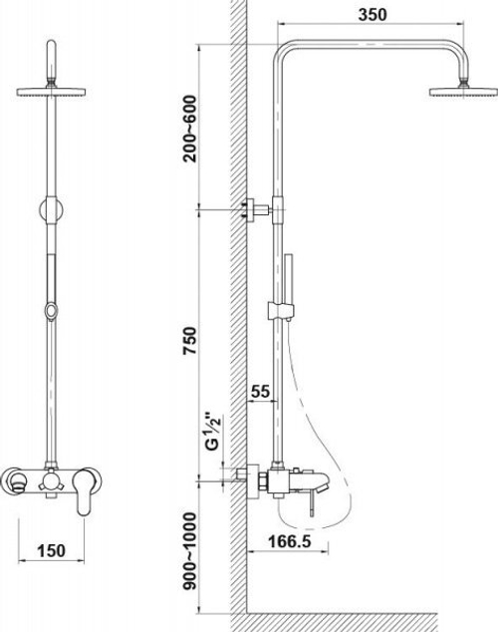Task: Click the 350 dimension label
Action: (372, 15)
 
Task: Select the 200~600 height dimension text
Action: (189, 129)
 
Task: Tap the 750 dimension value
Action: (189, 341)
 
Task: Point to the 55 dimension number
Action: (260, 391)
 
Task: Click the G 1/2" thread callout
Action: (213, 431)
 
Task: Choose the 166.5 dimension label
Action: (290, 541)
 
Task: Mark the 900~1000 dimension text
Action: (189, 551)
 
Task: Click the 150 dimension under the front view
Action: (51, 550)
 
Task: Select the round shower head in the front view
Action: (51, 92)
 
